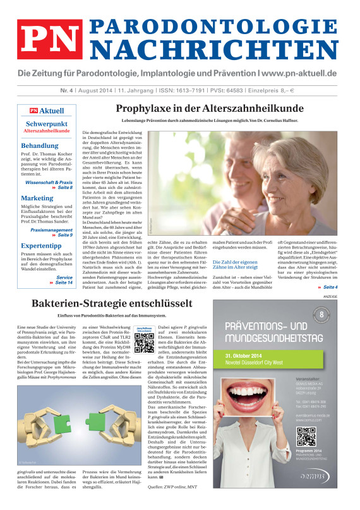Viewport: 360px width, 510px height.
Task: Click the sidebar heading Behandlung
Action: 40,145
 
